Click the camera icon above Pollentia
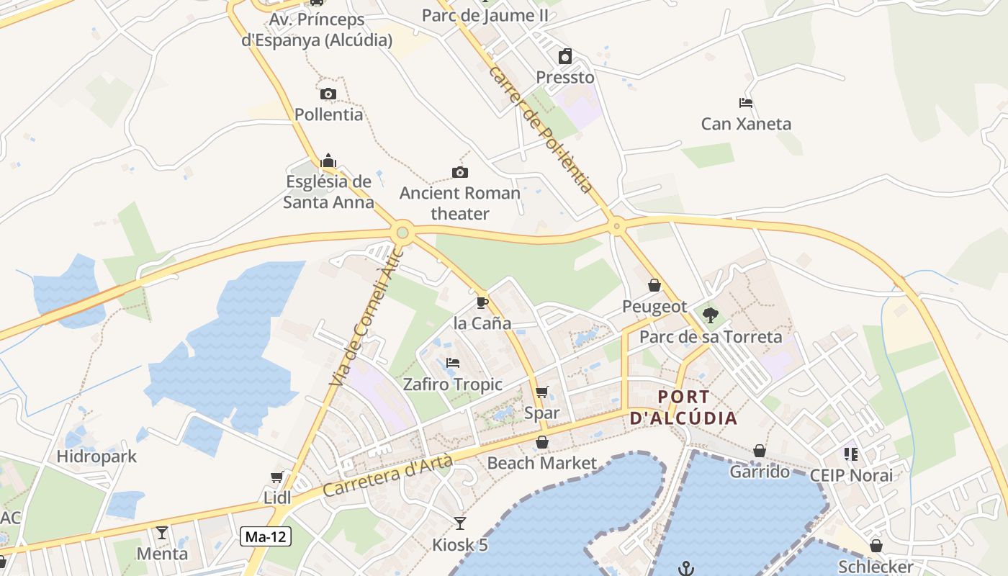tap(328, 94)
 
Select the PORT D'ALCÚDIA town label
tap(683, 408)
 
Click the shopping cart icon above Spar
tap(542, 392)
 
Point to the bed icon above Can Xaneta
tap(746, 103)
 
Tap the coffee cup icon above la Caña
tap(482, 302)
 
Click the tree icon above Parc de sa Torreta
tap(711, 315)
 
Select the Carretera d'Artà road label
tap(387, 476)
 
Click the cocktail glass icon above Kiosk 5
tap(460, 523)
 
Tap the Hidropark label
tap(96, 456)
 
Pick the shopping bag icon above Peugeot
tap(654, 285)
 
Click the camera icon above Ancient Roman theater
tap(460, 172)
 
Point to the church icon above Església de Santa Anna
tap(328, 160)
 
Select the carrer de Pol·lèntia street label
tap(541, 130)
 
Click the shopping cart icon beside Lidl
tap(276, 477)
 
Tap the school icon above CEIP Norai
tap(851, 454)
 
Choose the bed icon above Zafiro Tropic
tap(452, 363)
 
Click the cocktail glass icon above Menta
tap(162, 533)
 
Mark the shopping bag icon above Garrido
tap(760, 451)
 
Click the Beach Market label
tap(542, 463)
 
